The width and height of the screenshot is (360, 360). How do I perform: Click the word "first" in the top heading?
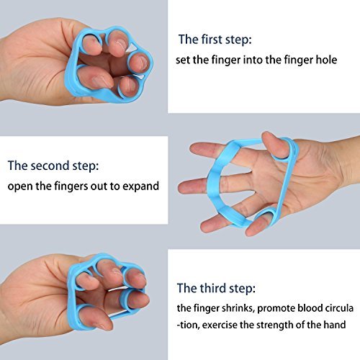tap(210, 40)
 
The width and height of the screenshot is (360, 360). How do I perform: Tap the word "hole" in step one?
tap(327, 60)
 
